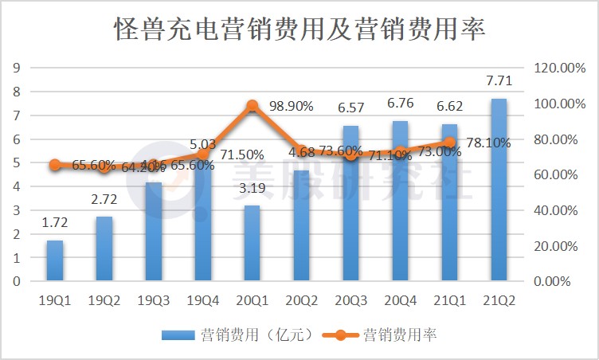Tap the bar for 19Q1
pos(54,260)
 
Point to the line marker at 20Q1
pos(253,106)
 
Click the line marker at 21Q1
pos(449,143)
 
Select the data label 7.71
pos(499,80)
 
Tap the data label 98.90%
pos(291,106)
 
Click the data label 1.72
pos(54,222)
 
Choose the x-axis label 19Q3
pos(153,299)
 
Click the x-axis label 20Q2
pos(301,299)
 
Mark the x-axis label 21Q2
pos(499,299)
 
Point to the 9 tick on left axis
pos(15,68)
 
